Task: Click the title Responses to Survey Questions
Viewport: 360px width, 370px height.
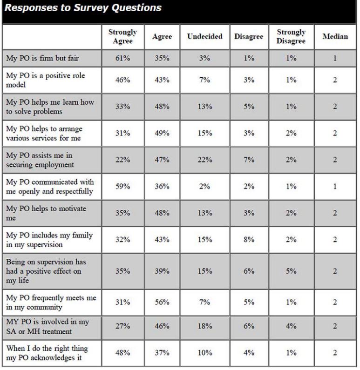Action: click(x=83, y=7)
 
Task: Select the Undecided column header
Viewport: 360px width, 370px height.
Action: click(x=204, y=36)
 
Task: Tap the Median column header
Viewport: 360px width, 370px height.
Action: click(x=335, y=36)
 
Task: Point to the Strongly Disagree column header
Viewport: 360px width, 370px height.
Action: click(x=291, y=36)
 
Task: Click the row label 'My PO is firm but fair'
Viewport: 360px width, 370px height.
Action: click(x=42, y=58)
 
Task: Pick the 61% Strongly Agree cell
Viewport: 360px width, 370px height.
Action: click(x=122, y=58)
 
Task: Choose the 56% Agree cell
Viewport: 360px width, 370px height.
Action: click(x=162, y=302)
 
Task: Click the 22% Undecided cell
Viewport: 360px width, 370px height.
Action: click(x=204, y=160)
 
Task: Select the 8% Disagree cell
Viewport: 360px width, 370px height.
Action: click(x=249, y=240)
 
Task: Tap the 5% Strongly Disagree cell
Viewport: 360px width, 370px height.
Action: click(x=291, y=271)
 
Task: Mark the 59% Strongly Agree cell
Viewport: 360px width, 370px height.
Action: click(x=122, y=187)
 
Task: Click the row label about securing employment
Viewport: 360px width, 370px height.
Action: click(x=40, y=160)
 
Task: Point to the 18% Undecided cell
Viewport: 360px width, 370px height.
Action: click(x=204, y=326)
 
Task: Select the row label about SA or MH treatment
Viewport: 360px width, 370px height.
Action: click(x=48, y=326)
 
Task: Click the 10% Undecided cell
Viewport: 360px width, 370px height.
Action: click(x=204, y=353)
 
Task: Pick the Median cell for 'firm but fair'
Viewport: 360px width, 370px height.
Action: click(x=335, y=58)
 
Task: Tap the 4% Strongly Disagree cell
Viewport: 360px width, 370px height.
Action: click(x=291, y=326)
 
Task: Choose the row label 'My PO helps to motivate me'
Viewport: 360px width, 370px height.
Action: click(x=46, y=213)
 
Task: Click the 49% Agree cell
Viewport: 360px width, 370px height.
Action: click(x=162, y=133)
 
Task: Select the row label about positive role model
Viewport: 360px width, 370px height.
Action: click(x=45, y=80)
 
